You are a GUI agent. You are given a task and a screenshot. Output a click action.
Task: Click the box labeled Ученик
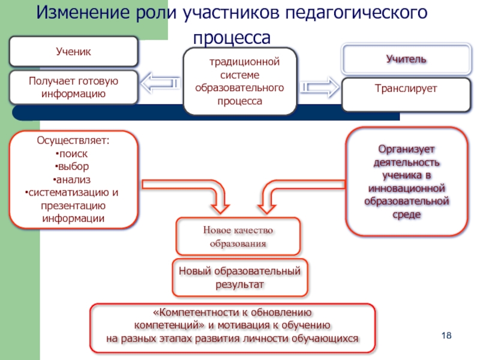pyautogui.click(x=73, y=52)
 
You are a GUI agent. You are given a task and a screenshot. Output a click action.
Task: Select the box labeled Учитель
pyautogui.click(x=406, y=59)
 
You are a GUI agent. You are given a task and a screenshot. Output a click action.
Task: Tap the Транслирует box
pyautogui.click(x=406, y=89)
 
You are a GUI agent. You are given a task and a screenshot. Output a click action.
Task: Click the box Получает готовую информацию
pyautogui.click(x=73, y=88)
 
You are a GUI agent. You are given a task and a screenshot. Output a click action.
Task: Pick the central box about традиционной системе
pyautogui.click(x=239, y=82)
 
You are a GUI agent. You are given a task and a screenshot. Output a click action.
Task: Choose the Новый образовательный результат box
pyautogui.click(x=239, y=278)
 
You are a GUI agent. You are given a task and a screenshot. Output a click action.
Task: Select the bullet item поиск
pyautogui.click(x=73, y=154)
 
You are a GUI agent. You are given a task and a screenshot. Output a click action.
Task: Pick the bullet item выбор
pyautogui.click(x=73, y=167)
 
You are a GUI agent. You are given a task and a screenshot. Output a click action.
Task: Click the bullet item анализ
pyautogui.click(x=73, y=179)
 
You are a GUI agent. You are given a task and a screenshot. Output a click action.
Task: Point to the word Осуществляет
pyautogui.click(x=73, y=141)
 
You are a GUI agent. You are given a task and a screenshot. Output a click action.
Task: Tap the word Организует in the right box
pyautogui.click(x=406, y=149)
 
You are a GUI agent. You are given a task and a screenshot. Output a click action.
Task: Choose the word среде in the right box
pyautogui.click(x=406, y=214)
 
